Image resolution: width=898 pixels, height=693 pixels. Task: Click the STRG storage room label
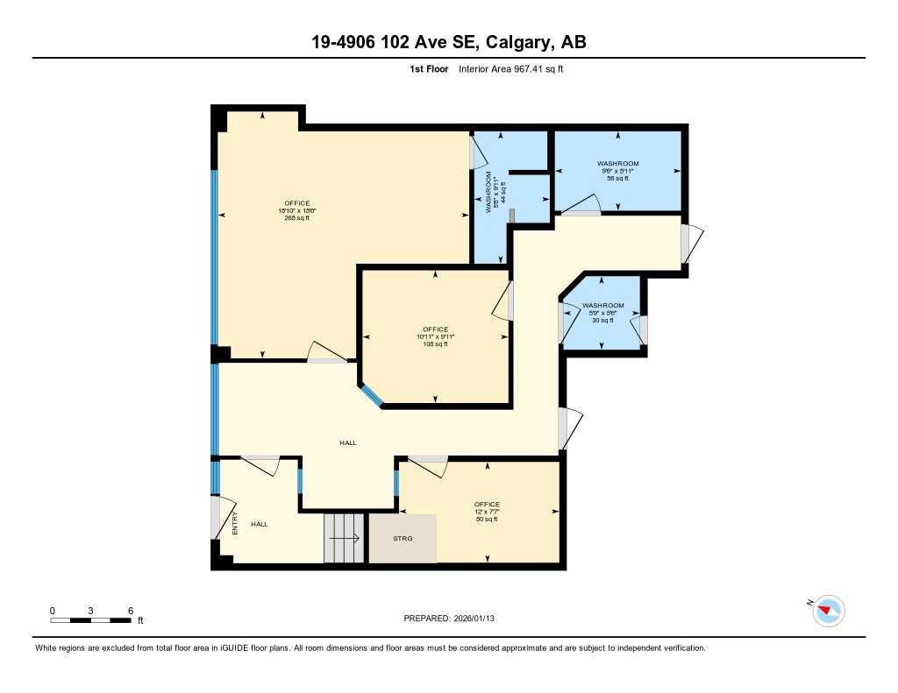[x=403, y=538]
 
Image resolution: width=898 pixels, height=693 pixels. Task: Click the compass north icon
[x=828, y=611]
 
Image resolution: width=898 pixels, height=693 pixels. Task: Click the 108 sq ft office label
[x=435, y=336]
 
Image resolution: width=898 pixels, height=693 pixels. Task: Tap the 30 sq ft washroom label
[x=602, y=313]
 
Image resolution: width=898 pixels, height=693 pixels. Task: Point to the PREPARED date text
[x=454, y=619]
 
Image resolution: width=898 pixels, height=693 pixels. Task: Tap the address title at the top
[x=448, y=42]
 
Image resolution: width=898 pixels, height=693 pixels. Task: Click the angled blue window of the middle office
[x=370, y=395]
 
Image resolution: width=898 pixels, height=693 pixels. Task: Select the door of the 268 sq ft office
[x=324, y=352]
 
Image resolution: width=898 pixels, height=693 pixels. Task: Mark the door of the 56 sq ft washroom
[x=581, y=206]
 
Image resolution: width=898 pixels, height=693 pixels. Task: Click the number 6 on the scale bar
[x=130, y=610]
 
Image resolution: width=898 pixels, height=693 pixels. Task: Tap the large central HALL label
[x=348, y=443]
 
